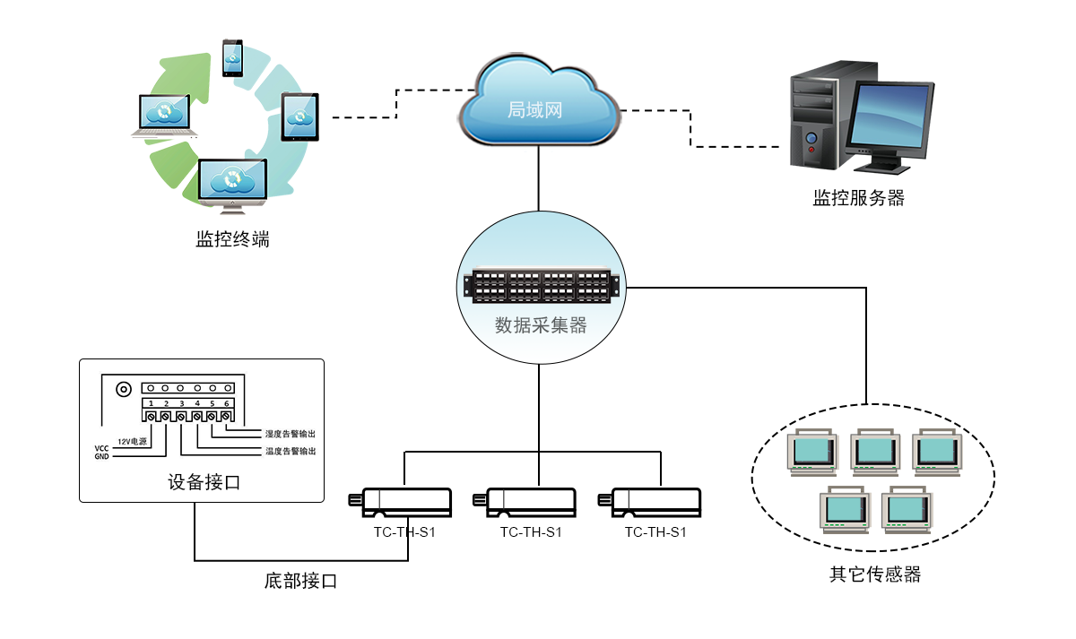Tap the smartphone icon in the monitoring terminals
(x=232, y=57)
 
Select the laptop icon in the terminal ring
(x=164, y=115)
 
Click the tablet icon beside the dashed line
(x=300, y=117)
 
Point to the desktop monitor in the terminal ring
(x=232, y=183)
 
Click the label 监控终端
(x=232, y=240)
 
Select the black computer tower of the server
(x=817, y=116)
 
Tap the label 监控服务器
(x=858, y=199)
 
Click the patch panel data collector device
(x=542, y=286)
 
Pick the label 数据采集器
(x=541, y=325)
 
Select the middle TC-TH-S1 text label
(x=531, y=532)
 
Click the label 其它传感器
(x=875, y=574)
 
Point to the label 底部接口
(x=300, y=581)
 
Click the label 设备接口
(x=204, y=482)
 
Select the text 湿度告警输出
(x=290, y=434)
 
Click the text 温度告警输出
(x=290, y=451)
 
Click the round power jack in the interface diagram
(x=123, y=389)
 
